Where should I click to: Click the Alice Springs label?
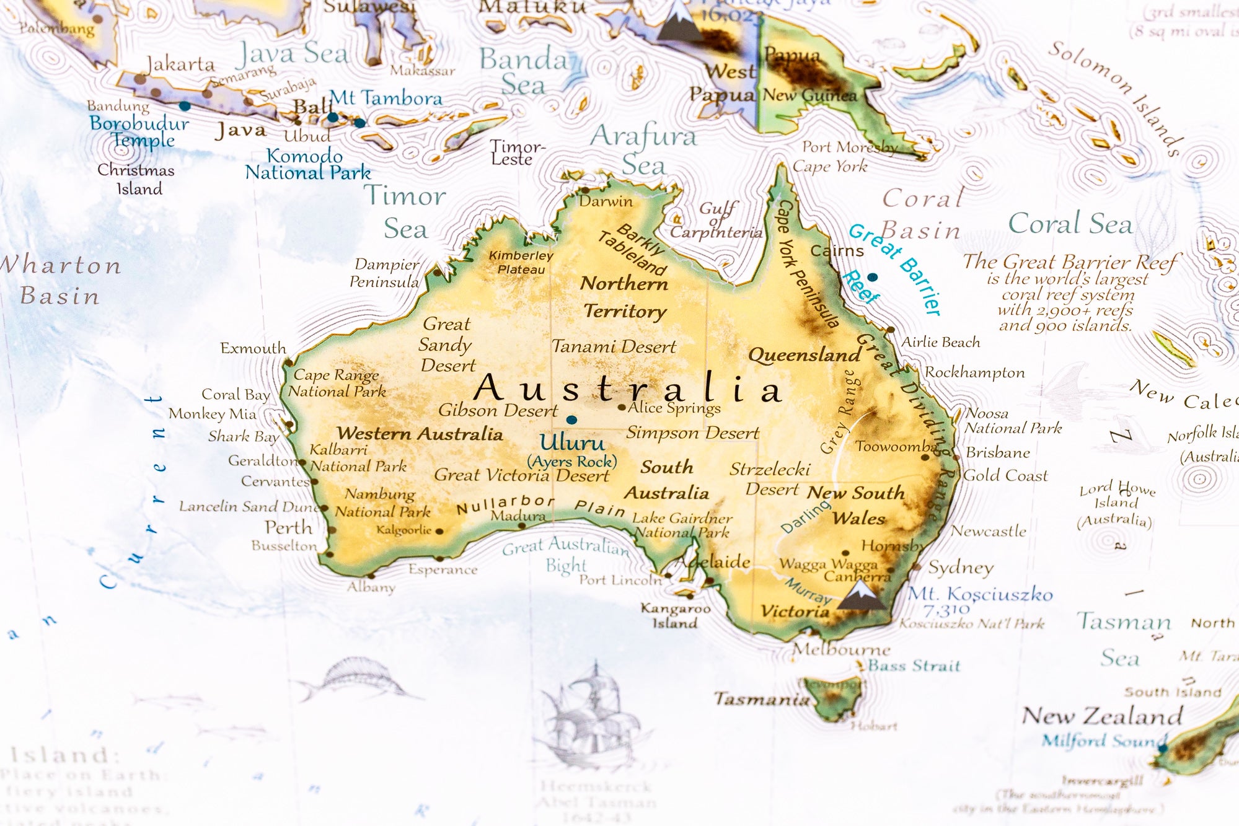[x=674, y=408]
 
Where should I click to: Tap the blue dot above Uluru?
[x=571, y=420]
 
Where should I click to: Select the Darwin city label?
[x=606, y=201]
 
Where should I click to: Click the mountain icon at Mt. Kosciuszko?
[x=861, y=595]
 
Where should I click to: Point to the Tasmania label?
[x=762, y=699]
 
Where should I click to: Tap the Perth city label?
[x=288, y=527]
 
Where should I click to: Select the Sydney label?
[x=961, y=567]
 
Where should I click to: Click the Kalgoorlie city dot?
[x=439, y=531]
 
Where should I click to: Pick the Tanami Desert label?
[x=614, y=346]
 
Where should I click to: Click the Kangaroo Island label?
[x=675, y=616]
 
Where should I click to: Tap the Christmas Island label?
[x=136, y=179]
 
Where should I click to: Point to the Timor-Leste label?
[x=517, y=152]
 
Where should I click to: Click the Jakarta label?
[x=180, y=64]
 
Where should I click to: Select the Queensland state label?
[x=805, y=355]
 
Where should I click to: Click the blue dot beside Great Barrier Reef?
[x=872, y=277]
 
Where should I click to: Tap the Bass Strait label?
[x=914, y=666]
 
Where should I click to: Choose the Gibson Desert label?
[x=498, y=410]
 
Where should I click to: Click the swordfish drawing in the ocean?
[x=353, y=682]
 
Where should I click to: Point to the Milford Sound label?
[x=1103, y=740]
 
